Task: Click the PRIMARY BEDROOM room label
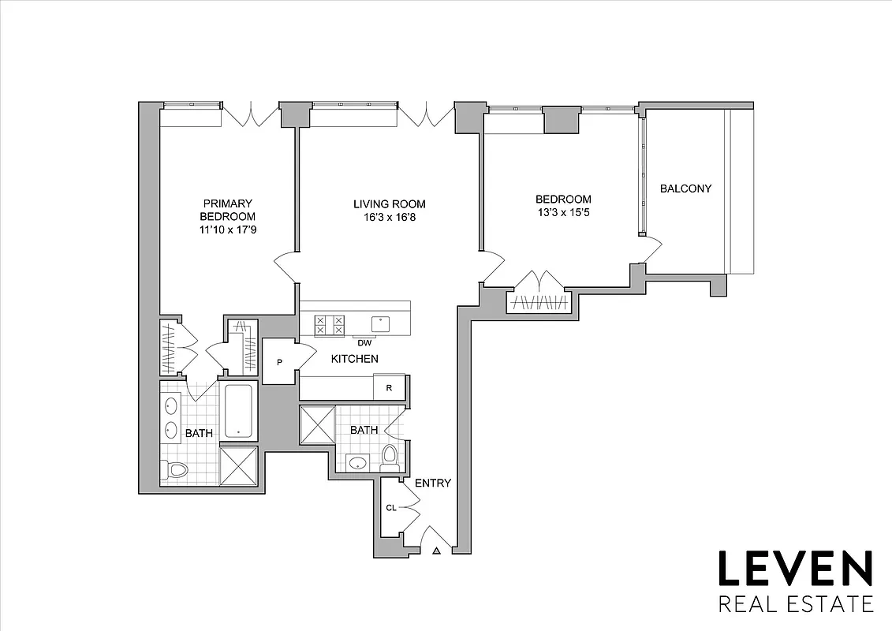pyautogui.click(x=227, y=210)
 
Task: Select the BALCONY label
pyautogui.click(x=685, y=189)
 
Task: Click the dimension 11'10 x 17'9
pyautogui.click(x=227, y=230)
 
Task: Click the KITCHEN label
pyautogui.click(x=354, y=359)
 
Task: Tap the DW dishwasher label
pyautogui.click(x=364, y=342)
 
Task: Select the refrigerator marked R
pyautogui.click(x=389, y=387)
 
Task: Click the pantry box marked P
pyautogui.click(x=278, y=362)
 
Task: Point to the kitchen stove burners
pyautogui.click(x=330, y=325)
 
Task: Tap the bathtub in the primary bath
pyautogui.click(x=239, y=411)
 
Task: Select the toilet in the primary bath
pyautogui.click(x=176, y=471)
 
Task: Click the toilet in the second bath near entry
pyautogui.click(x=389, y=455)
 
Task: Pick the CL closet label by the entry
pyautogui.click(x=391, y=508)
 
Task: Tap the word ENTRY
pyautogui.click(x=433, y=483)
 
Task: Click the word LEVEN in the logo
pyautogui.click(x=794, y=569)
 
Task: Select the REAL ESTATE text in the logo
pyautogui.click(x=794, y=605)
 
